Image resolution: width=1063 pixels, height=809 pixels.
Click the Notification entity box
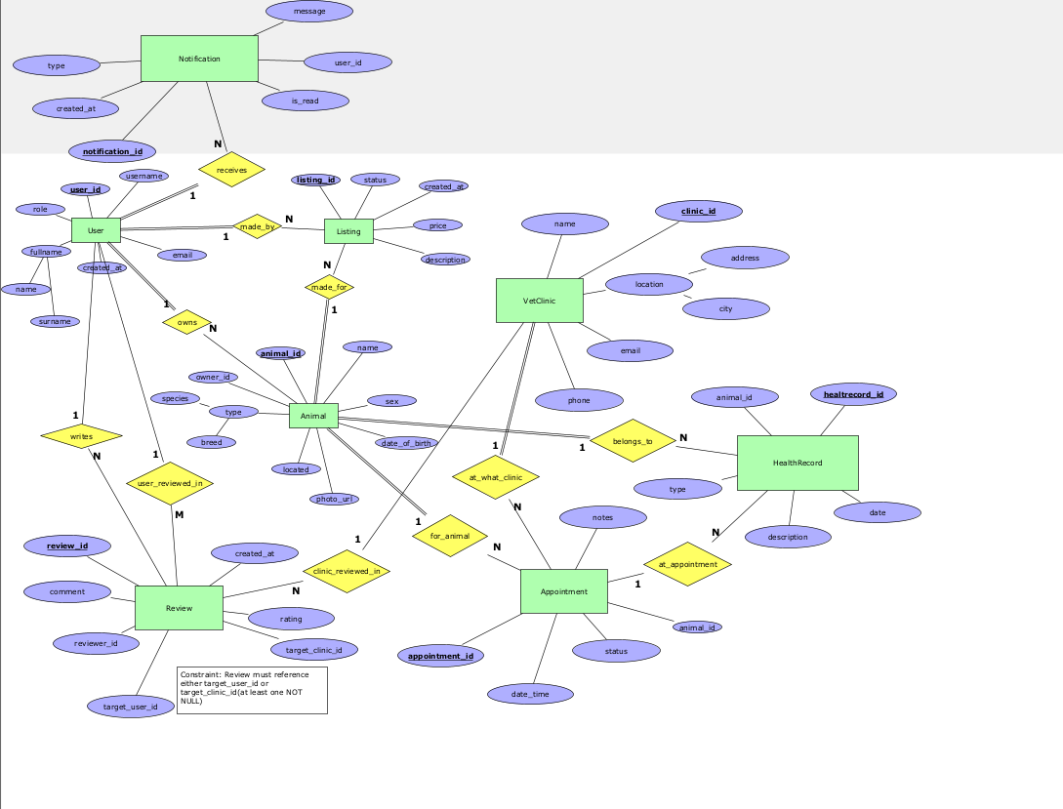199,59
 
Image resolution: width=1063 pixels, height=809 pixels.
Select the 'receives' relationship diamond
231,170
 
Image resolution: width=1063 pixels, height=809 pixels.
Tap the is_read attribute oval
305,101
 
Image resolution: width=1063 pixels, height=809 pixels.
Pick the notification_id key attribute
112,151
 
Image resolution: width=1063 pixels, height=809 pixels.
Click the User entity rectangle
96,230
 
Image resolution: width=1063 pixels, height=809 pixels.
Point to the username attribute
143,176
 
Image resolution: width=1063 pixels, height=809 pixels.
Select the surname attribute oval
55,321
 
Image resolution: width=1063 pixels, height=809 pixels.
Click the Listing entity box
348,231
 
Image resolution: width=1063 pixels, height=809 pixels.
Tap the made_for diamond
329,287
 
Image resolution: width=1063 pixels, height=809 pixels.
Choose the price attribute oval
437,225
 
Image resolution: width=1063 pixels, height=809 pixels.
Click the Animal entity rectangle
313,416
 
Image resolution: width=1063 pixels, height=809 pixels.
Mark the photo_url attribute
333,499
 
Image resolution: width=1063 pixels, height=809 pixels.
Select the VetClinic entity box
539,301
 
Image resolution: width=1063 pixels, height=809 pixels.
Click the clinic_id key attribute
698,211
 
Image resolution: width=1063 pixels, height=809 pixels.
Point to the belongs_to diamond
633,441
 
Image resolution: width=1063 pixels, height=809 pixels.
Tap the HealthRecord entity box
797,463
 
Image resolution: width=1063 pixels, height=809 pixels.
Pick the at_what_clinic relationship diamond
496,477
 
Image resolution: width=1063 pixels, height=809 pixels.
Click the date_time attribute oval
530,694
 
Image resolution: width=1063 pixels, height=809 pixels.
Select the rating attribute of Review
291,619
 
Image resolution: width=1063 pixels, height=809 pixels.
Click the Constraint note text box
252,690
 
